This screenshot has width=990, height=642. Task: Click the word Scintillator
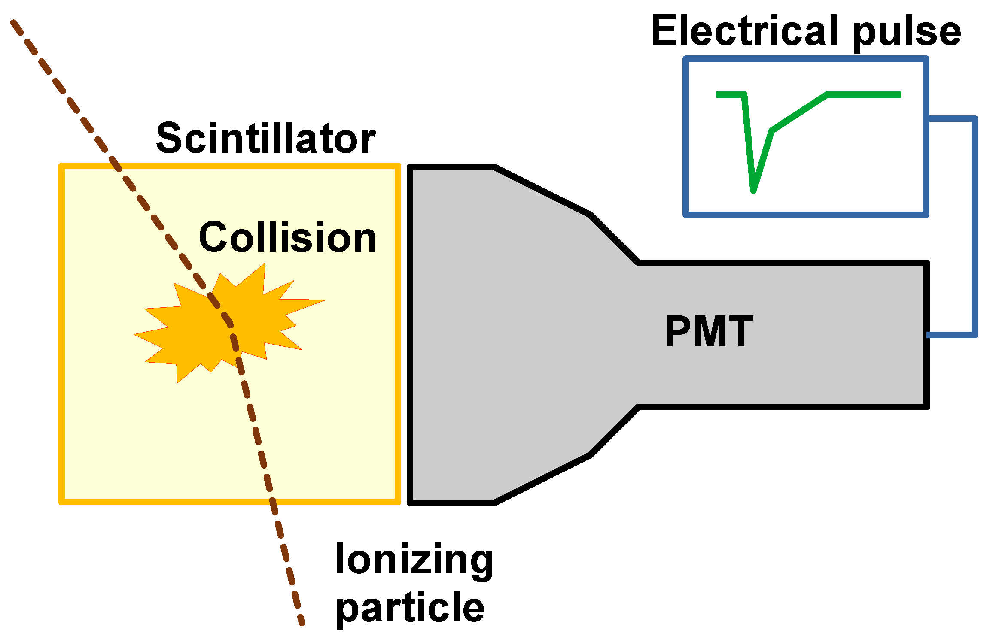pos(265,138)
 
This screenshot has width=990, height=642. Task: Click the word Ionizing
pos(414,560)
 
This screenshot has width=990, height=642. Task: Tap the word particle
pos(410,608)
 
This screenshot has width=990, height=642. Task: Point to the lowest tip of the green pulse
pos(753,191)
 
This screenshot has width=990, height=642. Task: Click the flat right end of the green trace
pos(898,95)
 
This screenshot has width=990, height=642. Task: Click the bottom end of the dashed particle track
pos(302,623)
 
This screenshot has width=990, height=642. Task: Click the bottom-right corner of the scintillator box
pos(398,501)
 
